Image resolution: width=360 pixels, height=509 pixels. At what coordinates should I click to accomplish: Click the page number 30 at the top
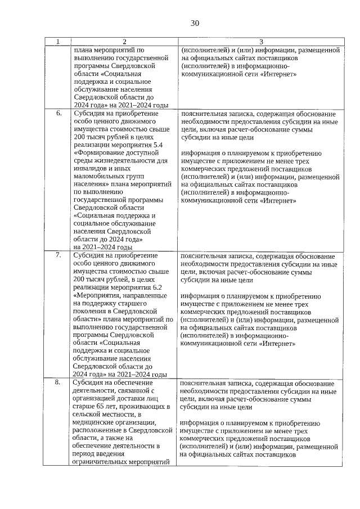[195, 23]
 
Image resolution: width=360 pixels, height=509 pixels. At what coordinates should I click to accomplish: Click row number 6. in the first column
[58, 113]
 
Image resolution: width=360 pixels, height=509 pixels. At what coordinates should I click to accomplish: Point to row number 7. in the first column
[58, 255]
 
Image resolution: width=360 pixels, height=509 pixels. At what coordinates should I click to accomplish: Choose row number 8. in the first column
[58, 382]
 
